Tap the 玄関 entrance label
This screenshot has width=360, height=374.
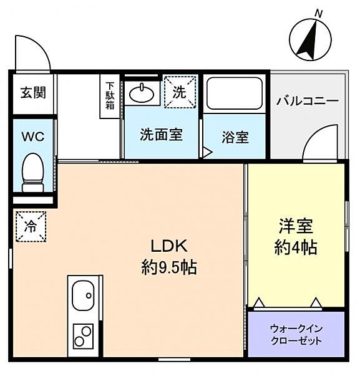32,93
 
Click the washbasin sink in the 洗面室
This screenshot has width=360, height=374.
144,93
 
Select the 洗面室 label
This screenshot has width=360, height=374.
161,134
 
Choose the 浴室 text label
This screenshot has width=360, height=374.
235,137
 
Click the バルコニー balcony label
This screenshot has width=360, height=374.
307,101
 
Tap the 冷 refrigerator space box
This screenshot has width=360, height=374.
31,226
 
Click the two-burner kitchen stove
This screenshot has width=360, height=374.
82,337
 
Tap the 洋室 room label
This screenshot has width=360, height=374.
296,226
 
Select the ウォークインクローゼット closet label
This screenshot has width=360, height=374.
296,334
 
